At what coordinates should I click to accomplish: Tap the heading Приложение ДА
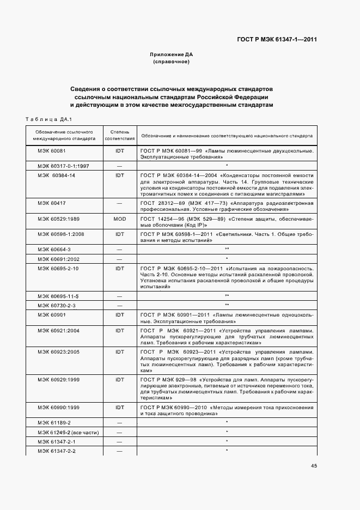coord(172,55)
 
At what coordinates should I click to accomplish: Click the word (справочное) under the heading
coord(172,62)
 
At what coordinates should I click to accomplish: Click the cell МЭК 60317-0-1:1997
coord(64,165)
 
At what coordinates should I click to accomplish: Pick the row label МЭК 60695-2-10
coord(58,269)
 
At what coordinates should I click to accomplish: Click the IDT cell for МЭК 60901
coord(120,315)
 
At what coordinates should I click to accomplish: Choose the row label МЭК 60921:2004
coord(59,331)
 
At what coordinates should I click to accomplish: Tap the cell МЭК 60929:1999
coord(59,379)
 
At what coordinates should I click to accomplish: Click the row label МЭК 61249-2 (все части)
coord(68,432)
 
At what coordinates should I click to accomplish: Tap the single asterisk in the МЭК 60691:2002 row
coord(226,259)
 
